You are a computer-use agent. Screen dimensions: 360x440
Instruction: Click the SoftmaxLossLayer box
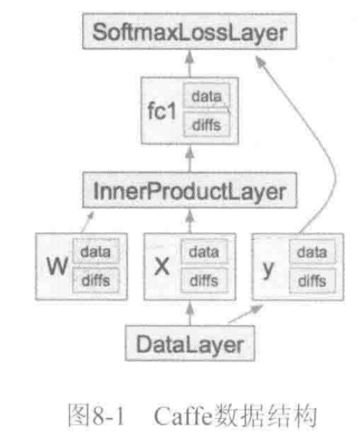(x=190, y=31)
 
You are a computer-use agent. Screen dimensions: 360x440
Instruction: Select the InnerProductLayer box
(x=190, y=191)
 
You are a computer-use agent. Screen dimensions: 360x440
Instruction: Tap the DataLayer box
(x=190, y=343)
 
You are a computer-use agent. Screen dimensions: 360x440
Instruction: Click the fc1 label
(x=162, y=111)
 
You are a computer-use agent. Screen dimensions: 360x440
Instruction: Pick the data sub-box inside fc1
(x=207, y=96)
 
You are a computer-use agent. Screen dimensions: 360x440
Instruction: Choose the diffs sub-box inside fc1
(x=207, y=124)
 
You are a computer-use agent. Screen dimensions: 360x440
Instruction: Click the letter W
(x=57, y=266)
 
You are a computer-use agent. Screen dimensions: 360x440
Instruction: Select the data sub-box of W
(x=96, y=251)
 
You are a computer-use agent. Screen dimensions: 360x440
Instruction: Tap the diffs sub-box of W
(x=96, y=280)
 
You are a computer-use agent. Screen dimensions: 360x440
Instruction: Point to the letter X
(x=162, y=266)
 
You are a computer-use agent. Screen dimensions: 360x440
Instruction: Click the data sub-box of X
(x=204, y=252)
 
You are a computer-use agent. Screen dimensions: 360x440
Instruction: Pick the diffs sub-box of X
(x=204, y=281)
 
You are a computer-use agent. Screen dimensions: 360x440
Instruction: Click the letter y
(x=268, y=269)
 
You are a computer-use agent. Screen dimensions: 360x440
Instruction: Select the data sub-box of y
(x=312, y=252)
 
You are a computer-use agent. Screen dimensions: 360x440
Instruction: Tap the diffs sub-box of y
(x=312, y=281)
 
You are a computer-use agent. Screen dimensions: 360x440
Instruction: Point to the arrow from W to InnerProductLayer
(x=87, y=223)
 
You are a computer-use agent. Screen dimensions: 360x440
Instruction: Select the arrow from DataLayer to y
(x=245, y=313)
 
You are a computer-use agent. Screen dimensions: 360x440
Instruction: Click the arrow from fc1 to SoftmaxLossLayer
(x=190, y=64)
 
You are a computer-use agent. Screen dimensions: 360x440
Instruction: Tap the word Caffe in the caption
(x=183, y=415)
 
